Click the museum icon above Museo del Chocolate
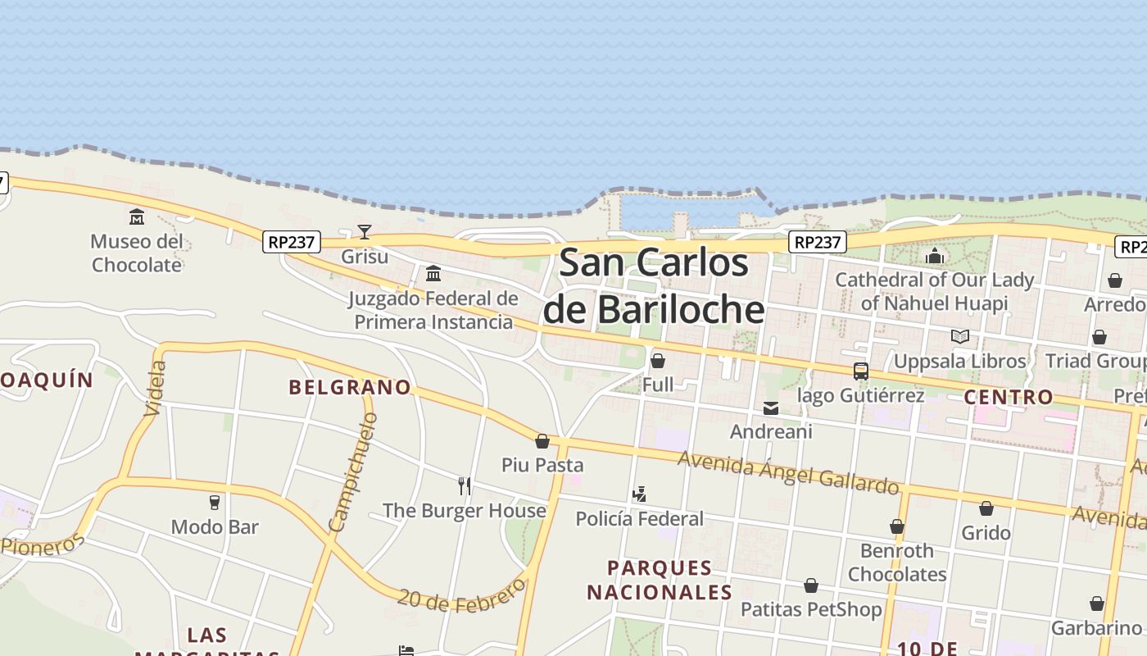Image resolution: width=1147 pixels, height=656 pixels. tap(137, 217)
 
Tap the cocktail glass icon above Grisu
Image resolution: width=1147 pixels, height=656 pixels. tap(365, 232)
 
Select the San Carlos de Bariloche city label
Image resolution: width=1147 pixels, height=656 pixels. tap(654, 286)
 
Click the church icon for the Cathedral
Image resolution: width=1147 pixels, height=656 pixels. tap(935, 256)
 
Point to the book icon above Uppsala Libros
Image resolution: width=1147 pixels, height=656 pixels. tap(960, 336)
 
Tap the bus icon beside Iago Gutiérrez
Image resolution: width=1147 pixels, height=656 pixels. tap(860, 371)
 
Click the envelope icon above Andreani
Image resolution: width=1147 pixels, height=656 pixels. tap(771, 408)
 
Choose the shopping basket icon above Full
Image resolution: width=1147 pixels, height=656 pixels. tap(657, 361)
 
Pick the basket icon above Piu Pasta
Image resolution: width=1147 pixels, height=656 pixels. tap(542, 441)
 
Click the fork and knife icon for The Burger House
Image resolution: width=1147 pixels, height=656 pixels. tap(465, 485)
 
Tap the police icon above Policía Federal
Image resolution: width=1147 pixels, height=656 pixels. tap(640, 494)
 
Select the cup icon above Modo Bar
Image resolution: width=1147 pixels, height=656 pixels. tap(215, 502)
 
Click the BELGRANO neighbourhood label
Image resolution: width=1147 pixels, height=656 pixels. tap(350, 387)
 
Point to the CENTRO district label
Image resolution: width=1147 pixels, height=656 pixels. tap(1009, 398)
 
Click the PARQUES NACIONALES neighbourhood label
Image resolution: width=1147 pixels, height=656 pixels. tap(660, 580)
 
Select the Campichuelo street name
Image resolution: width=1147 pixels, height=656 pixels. tap(352, 471)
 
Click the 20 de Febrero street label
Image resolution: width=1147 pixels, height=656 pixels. tap(460, 597)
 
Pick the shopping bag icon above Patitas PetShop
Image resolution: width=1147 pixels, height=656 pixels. tap(811, 585)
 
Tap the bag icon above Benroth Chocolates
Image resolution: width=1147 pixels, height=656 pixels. tap(897, 526)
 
